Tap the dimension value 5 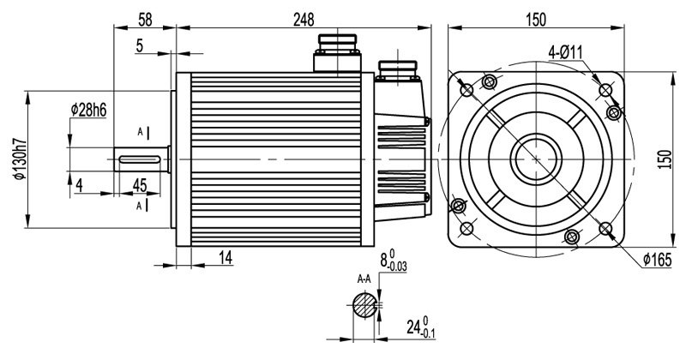click(x=140, y=46)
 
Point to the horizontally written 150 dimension click(x=537, y=18)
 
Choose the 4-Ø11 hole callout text click(x=566, y=54)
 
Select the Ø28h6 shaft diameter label click(x=89, y=109)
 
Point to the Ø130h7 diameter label click(x=16, y=159)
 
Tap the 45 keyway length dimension click(x=141, y=184)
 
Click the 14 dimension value click(x=225, y=257)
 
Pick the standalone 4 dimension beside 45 click(x=79, y=184)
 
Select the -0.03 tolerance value click(x=399, y=267)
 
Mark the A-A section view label click(x=364, y=279)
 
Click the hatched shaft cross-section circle click(x=364, y=306)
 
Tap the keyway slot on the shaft click(x=142, y=159)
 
